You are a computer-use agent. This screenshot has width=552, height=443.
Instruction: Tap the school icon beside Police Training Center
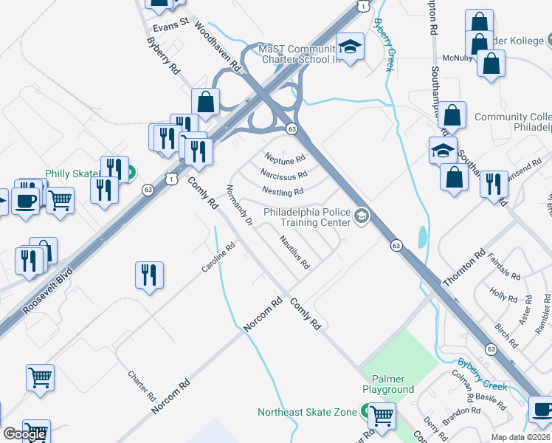click(x=362, y=216)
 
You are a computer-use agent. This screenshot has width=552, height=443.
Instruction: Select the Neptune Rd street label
click(x=285, y=158)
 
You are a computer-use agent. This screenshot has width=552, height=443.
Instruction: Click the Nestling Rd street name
click(x=282, y=192)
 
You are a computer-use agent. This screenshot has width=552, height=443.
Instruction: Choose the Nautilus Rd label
click(x=294, y=250)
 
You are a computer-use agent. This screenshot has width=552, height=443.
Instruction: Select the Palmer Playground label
click(x=387, y=384)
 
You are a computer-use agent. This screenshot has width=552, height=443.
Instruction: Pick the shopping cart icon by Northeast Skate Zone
click(x=382, y=416)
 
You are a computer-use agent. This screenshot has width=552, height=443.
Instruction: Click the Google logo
click(x=24, y=434)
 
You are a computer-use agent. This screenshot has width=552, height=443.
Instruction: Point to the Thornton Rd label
click(x=464, y=269)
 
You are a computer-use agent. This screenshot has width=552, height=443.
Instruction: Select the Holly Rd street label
click(x=503, y=296)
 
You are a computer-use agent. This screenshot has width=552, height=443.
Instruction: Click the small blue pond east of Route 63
click(x=421, y=237)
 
